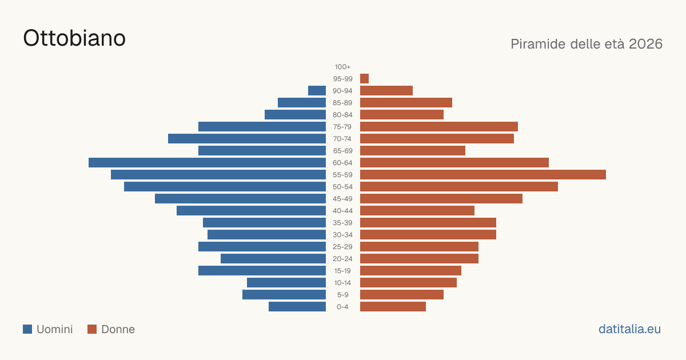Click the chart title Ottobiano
(74, 38)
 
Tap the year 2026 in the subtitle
(645, 44)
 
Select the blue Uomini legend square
(27, 329)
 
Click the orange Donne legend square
(92, 329)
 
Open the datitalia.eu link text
(629, 329)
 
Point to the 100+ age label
(342, 67)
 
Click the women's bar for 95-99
(365, 79)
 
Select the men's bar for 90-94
(317, 91)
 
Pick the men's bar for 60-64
(208, 162)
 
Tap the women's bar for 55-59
(483, 174)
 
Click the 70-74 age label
(342, 139)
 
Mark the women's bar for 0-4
(393, 307)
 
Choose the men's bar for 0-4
(297, 307)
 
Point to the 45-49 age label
(342, 199)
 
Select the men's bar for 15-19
(262, 271)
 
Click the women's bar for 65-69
(413, 151)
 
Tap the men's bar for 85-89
(302, 102)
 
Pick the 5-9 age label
(342, 295)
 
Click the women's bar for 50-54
(459, 187)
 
